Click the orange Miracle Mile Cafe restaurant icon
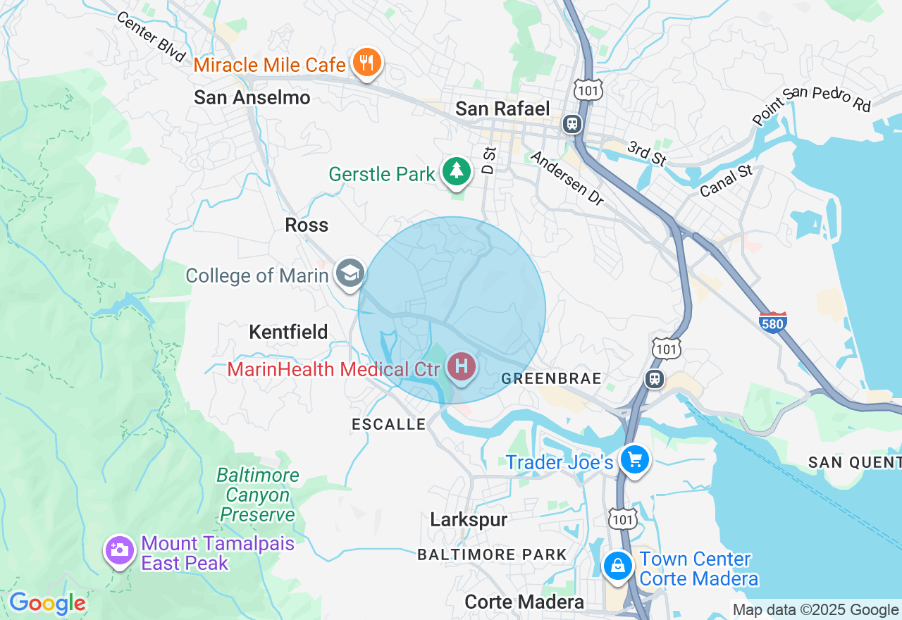pyautogui.click(x=366, y=63)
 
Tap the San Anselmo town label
pyautogui.click(x=252, y=97)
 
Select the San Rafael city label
pyautogui.click(x=502, y=108)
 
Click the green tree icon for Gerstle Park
pyautogui.click(x=457, y=171)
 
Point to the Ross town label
pyautogui.click(x=307, y=225)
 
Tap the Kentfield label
pyautogui.click(x=289, y=332)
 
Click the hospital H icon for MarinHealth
pyautogui.click(x=462, y=366)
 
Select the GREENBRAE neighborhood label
pyautogui.click(x=552, y=379)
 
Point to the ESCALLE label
pyautogui.click(x=389, y=424)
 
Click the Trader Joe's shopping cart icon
pyautogui.click(x=634, y=460)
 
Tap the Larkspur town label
pyautogui.click(x=469, y=519)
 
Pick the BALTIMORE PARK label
pyautogui.click(x=493, y=554)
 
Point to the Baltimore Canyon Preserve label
pyautogui.click(x=257, y=495)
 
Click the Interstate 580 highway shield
pyautogui.click(x=773, y=322)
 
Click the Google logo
pyautogui.click(x=47, y=603)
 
